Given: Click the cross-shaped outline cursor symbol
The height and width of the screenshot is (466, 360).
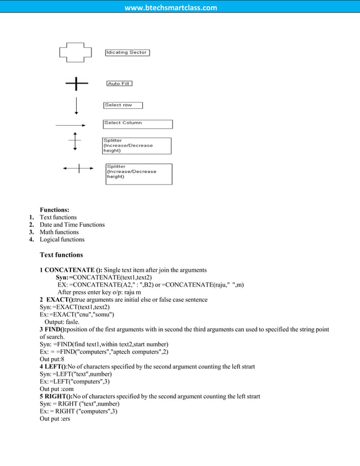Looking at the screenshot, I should coord(75,53).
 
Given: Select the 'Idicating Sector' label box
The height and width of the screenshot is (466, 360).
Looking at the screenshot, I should coord(127,52).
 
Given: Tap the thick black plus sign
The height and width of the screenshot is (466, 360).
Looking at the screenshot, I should coord(76,84).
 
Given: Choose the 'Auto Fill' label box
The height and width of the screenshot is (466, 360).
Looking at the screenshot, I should coord(119,83).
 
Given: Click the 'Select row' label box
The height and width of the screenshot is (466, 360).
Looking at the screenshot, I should coord(123,105).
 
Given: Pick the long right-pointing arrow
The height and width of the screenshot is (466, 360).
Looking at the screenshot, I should coord(71,125).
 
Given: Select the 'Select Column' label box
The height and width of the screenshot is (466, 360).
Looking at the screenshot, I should coord(138,124).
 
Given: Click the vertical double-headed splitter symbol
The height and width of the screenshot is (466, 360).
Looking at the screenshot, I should coord(75,141).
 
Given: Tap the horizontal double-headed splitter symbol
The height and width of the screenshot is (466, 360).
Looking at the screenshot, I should coord(78,168).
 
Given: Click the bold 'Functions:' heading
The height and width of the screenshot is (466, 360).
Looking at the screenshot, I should coord(54,210).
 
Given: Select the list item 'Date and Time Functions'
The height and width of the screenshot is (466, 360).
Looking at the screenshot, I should coord(72,225).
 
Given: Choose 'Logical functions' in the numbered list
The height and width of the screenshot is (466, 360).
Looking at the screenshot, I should coord(62,239).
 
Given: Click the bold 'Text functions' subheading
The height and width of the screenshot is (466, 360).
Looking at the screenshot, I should coord(61,255).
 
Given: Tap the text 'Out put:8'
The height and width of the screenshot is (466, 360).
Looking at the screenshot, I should coord(52,359).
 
